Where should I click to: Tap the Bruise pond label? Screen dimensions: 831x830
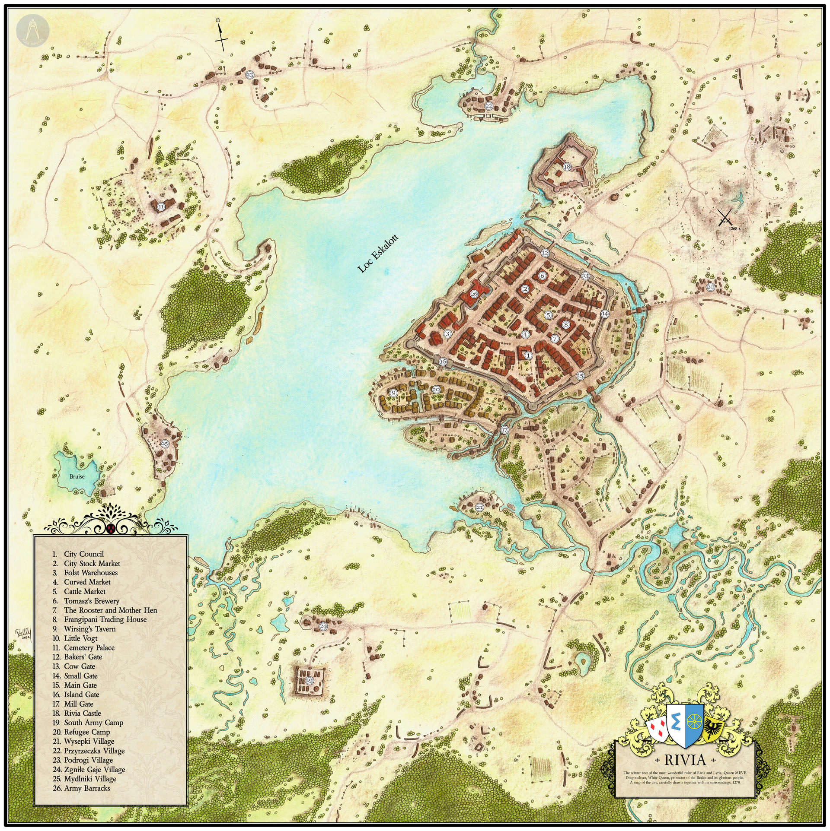pyautogui.click(x=77, y=476)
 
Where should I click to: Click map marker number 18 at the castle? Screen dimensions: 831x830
pyautogui.click(x=567, y=167)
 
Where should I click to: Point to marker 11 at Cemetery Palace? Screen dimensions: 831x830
pyautogui.click(x=161, y=207)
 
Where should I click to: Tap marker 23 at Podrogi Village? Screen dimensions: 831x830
pyautogui.click(x=250, y=75)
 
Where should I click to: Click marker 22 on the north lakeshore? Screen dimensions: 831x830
pyautogui.click(x=488, y=106)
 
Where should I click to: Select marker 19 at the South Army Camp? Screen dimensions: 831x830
pyautogui.click(x=310, y=681)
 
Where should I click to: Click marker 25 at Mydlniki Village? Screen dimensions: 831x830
pyautogui.click(x=164, y=444)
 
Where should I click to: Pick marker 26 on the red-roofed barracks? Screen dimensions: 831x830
pyautogui.click(x=474, y=294)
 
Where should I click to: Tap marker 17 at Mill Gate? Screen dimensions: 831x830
pyautogui.click(x=504, y=430)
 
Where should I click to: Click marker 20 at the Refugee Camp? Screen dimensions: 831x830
pyautogui.click(x=710, y=287)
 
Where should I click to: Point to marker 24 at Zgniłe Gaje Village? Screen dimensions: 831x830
pyautogui.click(x=323, y=626)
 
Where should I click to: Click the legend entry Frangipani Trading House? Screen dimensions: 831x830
pyautogui.click(x=105, y=619)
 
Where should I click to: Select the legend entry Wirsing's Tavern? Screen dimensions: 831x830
pyautogui.click(x=89, y=629)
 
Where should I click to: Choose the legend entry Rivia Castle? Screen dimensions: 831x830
pyautogui.click(x=82, y=713)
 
